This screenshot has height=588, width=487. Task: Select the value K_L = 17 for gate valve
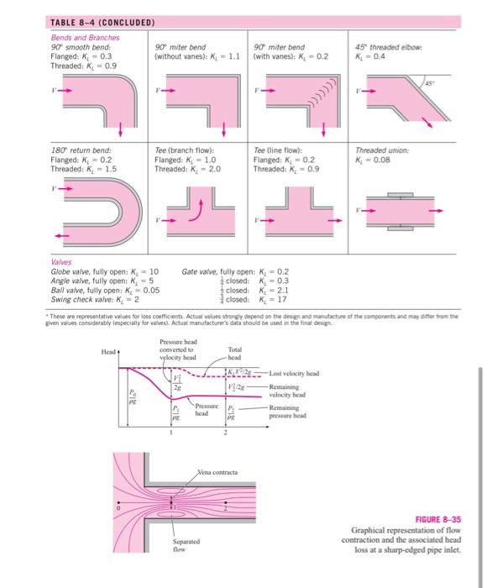pyautogui.click(x=274, y=298)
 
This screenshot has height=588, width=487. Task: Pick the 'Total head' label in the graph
pyautogui.click(x=234, y=354)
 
